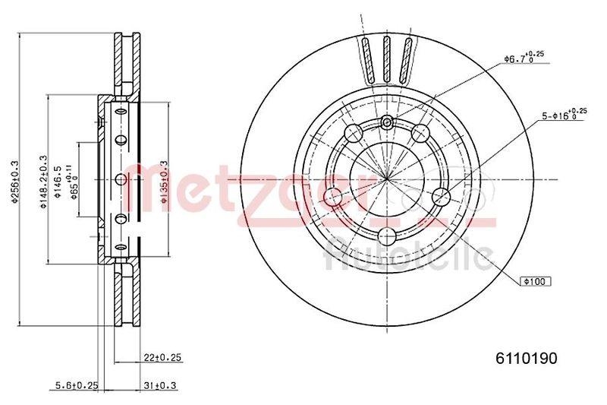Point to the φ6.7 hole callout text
tap(524, 57)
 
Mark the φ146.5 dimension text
tap(59, 182)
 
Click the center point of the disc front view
tap(387, 180)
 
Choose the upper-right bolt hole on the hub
tap(421, 134)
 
